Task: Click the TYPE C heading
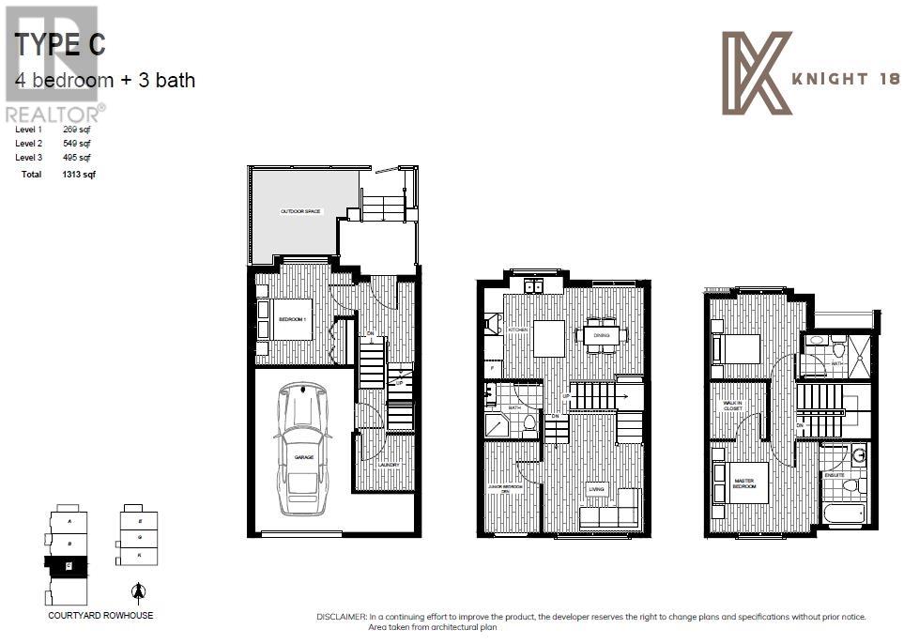click(x=61, y=45)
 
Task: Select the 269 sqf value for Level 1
click(x=77, y=129)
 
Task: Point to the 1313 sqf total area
click(x=79, y=175)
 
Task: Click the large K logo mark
click(x=757, y=73)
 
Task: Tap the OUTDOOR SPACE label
click(x=300, y=212)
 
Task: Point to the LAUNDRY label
click(x=388, y=466)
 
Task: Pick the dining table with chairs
click(x=597, y=335)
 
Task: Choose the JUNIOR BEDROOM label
click(x=504, y=487)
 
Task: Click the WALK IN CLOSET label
click(x=732, y=406)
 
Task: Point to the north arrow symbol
click(x=139, y=591)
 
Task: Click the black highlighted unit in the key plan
click(x=67, y=565)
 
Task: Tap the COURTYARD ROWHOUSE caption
click(x=100, y=617)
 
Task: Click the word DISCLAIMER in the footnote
click(x=345, y=617)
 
